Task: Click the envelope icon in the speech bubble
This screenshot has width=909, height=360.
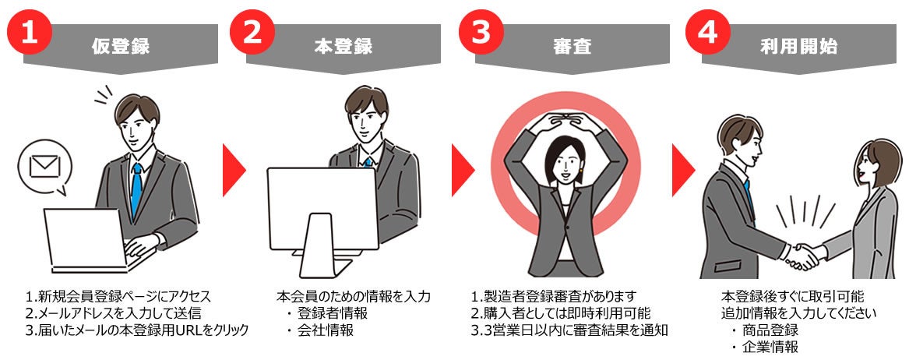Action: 45,168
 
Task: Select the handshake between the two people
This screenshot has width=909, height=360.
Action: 803,256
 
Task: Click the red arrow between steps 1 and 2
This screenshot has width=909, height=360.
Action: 234,171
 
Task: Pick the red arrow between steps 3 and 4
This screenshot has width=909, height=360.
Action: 683,171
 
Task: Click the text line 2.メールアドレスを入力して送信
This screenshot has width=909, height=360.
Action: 114,313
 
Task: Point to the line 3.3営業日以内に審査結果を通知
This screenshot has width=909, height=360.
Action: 570,330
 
